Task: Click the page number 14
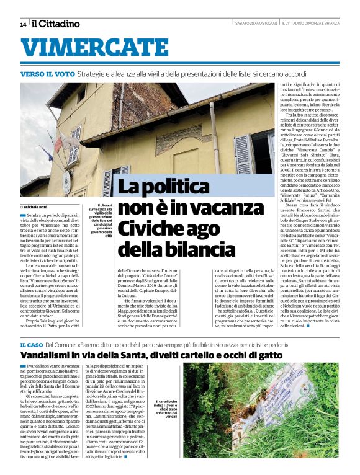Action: point(23,24)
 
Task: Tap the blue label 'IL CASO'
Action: point(31,343)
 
